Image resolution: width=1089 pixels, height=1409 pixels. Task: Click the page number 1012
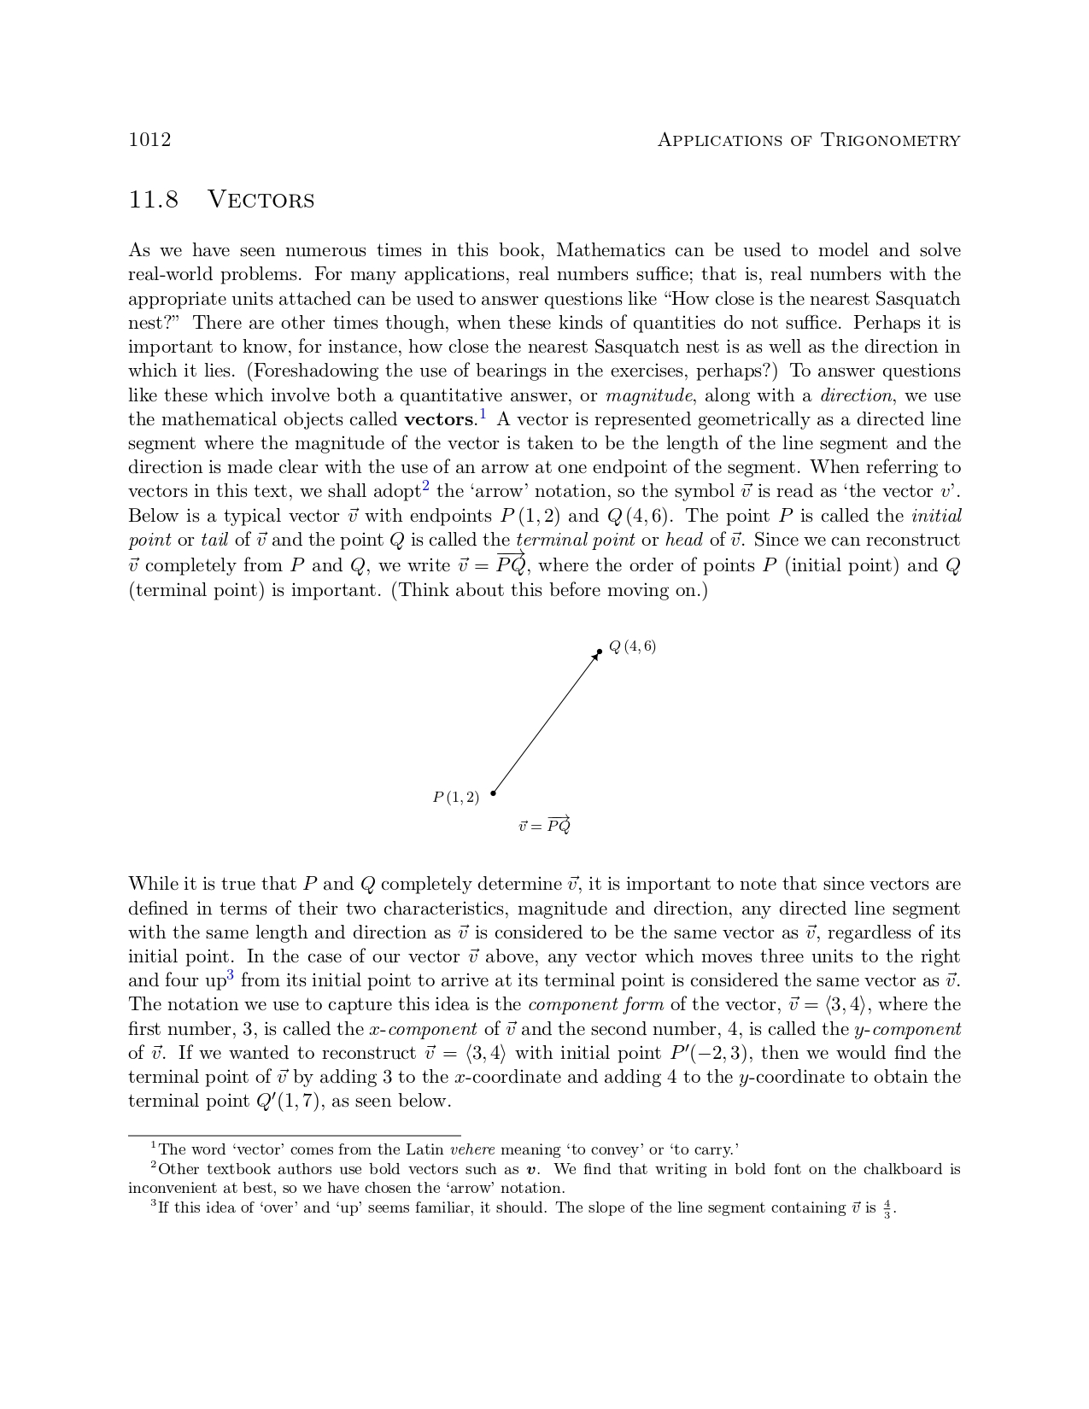[149, 140]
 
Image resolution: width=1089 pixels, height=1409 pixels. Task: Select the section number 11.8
[154, 200]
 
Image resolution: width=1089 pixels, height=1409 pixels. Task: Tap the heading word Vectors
[261, 200]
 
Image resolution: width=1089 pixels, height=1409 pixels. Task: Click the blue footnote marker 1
[483, 415]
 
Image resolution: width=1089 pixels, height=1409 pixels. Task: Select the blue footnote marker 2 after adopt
[425, 487]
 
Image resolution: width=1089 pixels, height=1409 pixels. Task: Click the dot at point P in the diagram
[493, 793]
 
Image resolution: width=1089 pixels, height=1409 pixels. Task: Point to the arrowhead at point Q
[596, 655]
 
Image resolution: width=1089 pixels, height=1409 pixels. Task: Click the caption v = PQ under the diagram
[544, 825]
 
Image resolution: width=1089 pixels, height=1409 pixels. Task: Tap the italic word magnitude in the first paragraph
[648, 395]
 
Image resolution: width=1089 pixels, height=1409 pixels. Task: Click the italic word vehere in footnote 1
[472, 1149]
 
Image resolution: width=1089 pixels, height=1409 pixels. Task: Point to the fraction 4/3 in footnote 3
[887, 1209]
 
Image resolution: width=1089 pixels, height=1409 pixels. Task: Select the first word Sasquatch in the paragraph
[917, 299]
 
